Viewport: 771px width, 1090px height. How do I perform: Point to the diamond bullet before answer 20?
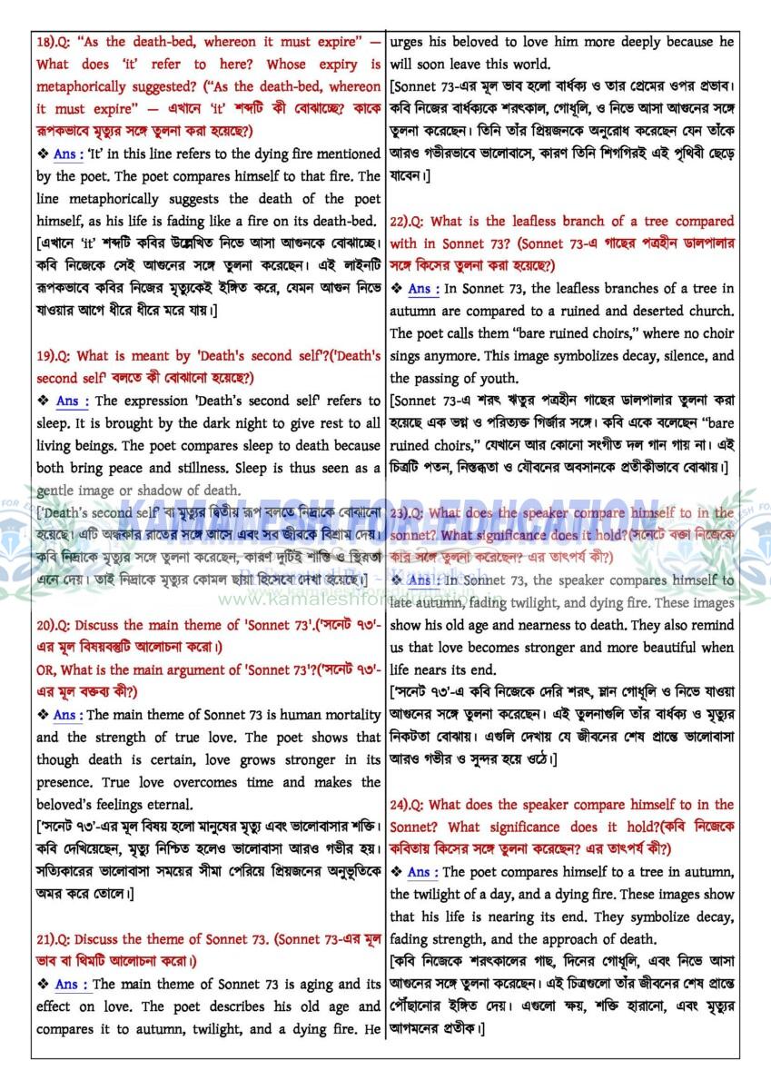pyautogui.click(x=43, y=716)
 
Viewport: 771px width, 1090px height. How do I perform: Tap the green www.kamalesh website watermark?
pyautogui.click(x=300, y=598)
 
